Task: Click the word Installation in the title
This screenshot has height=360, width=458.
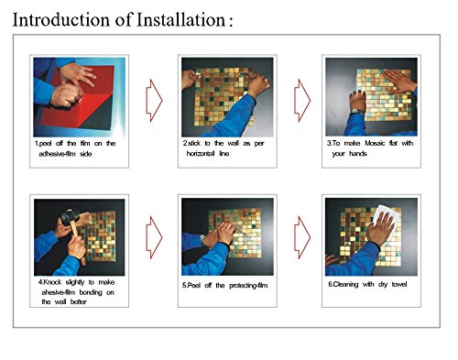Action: (x=180, y=20)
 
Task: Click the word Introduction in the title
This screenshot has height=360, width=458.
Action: (x=61, y=20)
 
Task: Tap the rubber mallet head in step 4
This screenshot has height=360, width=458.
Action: (x=71, y=216)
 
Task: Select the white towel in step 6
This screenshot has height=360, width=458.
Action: (x=387, y=220)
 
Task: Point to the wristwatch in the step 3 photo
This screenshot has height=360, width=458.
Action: (x=356, y=112)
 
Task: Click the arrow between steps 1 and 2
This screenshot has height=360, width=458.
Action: (x=154, y=101)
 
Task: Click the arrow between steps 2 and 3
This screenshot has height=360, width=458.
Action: (x=302, y=101)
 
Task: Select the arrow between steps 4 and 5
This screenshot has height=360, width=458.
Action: (x=154, y=237)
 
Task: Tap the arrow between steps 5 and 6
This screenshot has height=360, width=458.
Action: (x=302, y=237)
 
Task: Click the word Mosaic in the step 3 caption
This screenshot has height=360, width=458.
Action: (x=375, y=143)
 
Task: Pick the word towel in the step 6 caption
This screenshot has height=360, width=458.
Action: (x=399, y=284)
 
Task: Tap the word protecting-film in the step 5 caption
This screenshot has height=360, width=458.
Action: (x=248, y=286)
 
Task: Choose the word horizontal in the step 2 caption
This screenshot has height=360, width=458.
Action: (x=201, y=154)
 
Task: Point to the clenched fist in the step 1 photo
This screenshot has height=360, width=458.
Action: (x=67, y=94)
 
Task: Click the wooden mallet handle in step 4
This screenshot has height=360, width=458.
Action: (x=76, y=241)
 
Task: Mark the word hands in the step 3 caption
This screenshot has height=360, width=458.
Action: (x=358, y=153)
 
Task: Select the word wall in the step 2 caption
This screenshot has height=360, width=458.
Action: (x=234, y=143)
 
